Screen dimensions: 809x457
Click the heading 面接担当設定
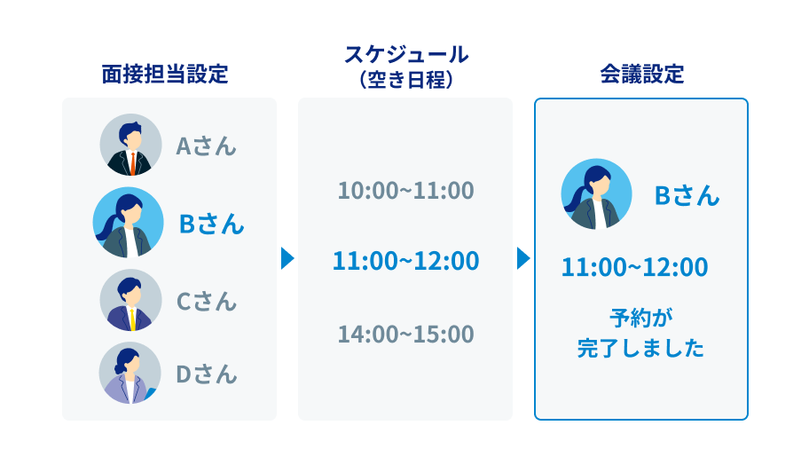point(165,74)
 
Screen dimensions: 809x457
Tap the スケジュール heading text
point(406,54)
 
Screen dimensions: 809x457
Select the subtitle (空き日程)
point(406,80)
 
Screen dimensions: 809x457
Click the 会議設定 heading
point(642,74)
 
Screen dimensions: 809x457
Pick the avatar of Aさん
point(130,145)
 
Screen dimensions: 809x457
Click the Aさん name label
point(206,146)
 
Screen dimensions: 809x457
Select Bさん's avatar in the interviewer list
point(128,223)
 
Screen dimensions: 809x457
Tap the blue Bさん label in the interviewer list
point(211,225)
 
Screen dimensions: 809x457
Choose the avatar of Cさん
point(130,300)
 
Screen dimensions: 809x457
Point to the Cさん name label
point(207,302)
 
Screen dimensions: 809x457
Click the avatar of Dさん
point(130,373)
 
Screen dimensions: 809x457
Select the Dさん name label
point(207,374)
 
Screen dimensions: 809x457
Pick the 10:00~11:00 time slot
point(406,191)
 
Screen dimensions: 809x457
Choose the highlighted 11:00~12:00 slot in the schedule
point(406,261)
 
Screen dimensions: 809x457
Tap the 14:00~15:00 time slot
point(406,335)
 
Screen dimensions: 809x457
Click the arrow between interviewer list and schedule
point(287,258)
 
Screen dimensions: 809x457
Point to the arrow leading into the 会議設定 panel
point(523,258)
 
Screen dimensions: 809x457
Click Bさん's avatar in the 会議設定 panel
point(596,194)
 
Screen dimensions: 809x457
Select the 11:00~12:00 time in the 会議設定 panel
point(634,267)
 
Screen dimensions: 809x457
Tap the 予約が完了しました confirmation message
point(640,333)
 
